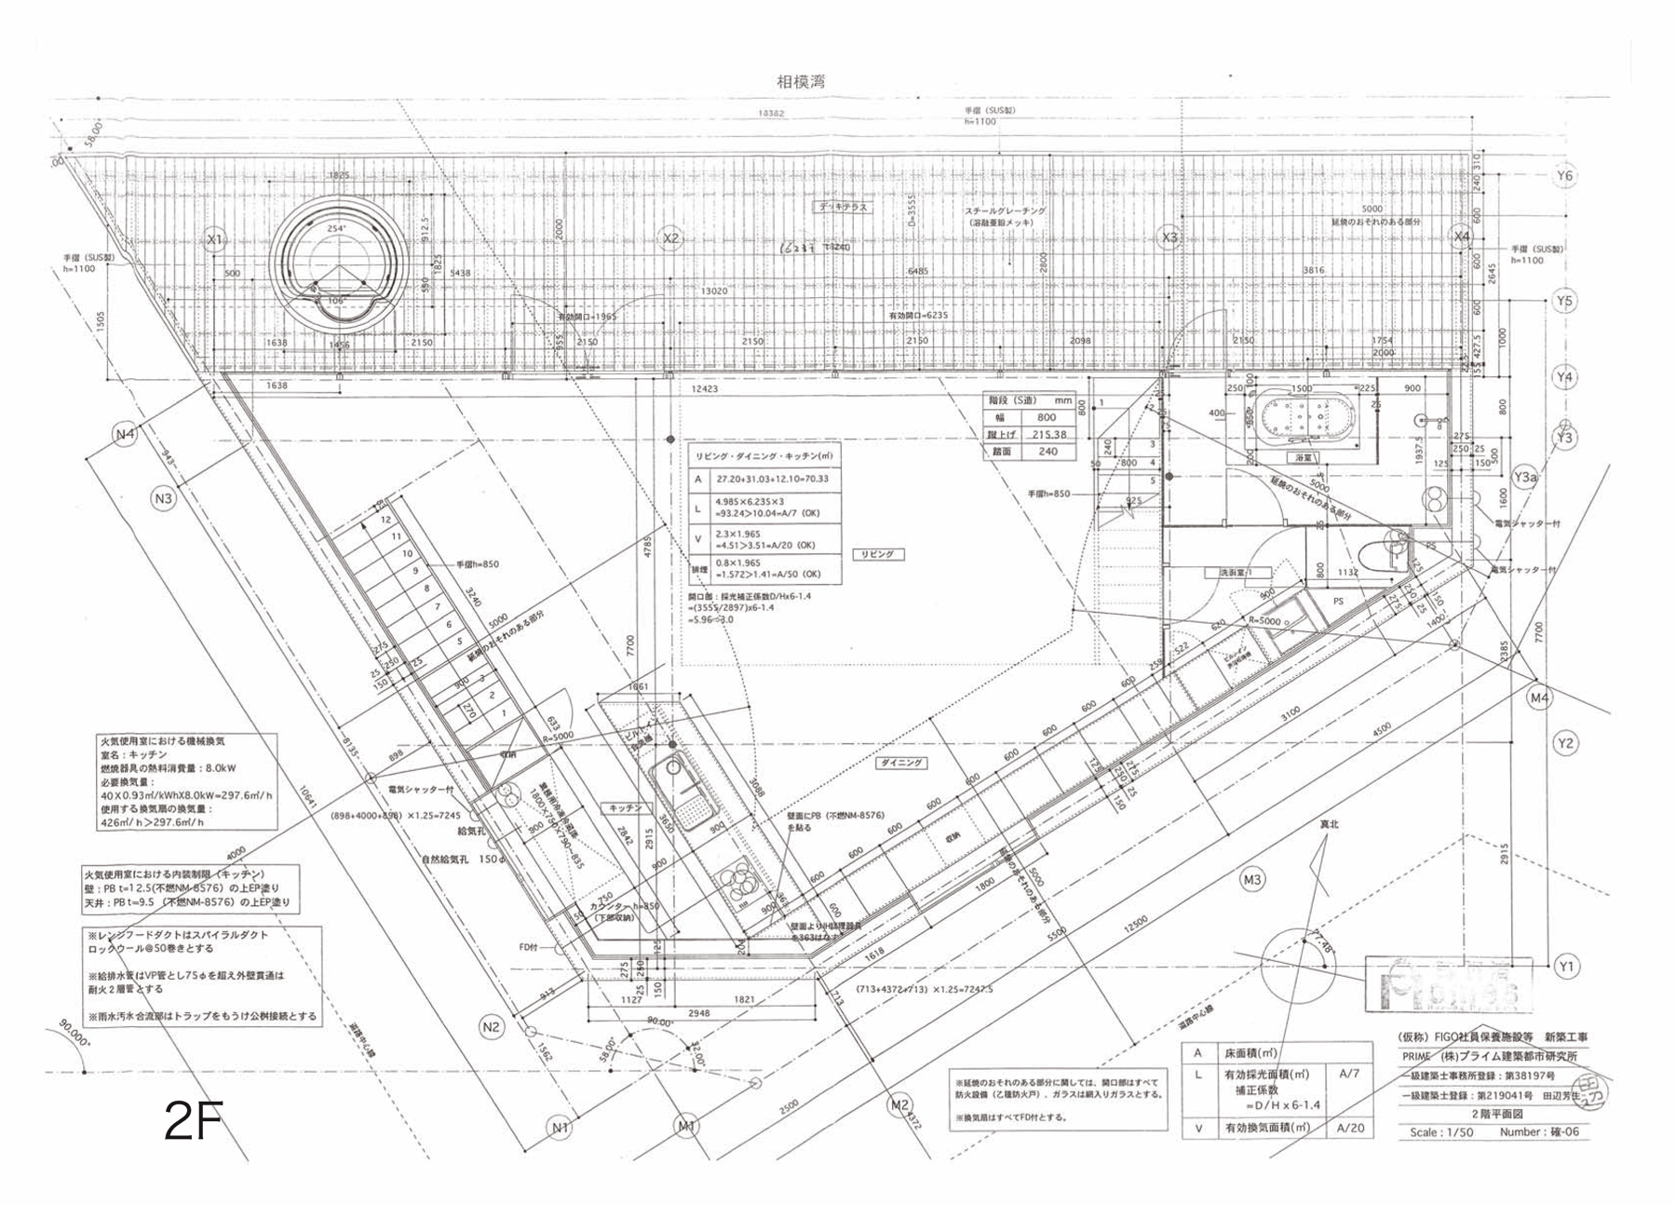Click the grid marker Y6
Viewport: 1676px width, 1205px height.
point(1564,176)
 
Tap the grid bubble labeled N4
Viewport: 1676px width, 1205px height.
point(126,434)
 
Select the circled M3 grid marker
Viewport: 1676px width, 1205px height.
point(1252,879)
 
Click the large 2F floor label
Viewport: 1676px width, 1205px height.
point(193,1121)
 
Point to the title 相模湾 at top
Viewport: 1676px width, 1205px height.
point(801,82)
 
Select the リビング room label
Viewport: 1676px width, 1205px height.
point(876,554)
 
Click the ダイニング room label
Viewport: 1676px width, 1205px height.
point(900,763)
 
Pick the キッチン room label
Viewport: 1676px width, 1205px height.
point(625,808)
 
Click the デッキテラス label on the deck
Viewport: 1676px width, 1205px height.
point(844,207)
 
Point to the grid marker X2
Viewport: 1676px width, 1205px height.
point(670,239)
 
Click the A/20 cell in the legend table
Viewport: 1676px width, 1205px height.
point(1350,1128)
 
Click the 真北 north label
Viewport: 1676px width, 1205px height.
point(1329,824)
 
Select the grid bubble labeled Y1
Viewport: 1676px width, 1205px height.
point(1566,968)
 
